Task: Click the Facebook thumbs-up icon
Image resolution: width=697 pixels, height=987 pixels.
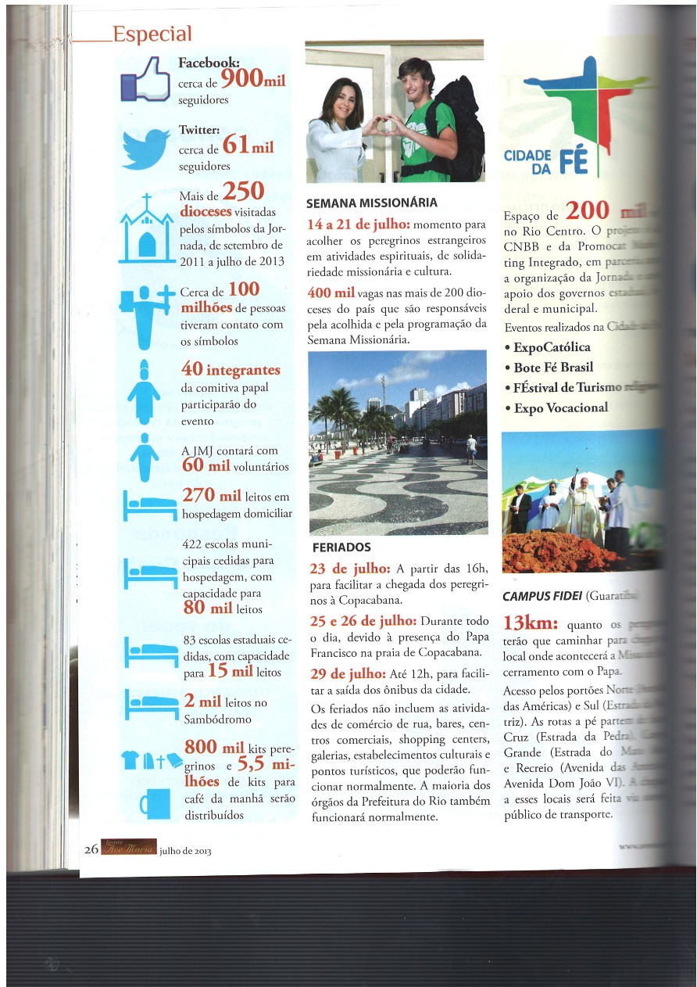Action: click(145, 80)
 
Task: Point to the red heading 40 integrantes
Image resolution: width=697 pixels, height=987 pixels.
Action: click(230, 368)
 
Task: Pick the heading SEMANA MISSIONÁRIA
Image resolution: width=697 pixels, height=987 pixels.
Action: click(371, 203)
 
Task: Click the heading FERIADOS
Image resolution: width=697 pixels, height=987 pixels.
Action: click(341, 547)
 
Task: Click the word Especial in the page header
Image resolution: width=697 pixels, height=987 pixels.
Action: click(152, 34)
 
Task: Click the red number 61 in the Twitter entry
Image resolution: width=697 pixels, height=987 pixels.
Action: click(236, 145)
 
